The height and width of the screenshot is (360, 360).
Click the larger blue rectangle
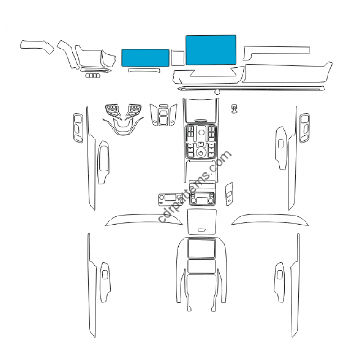pos(211,50)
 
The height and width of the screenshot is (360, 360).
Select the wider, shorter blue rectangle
pos(145,58)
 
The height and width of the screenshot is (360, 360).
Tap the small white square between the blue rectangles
pos(177,58)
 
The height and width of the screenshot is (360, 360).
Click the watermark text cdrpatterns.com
pos(194,186)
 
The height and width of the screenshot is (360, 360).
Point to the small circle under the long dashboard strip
pos(217,92)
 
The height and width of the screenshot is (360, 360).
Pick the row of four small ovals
pos(93,76)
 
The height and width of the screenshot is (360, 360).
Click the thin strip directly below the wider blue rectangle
pos(144,70)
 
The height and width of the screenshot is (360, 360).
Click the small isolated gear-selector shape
pos(234,109)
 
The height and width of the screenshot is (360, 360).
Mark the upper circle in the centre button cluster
pos(201,132)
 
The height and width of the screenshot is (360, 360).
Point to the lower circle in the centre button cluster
pos(201,153)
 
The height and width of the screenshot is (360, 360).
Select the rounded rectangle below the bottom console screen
pos(201,266)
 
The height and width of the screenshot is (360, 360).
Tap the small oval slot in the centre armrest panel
pos(202,230)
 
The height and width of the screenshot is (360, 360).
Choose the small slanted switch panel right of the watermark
pos(229,194)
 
